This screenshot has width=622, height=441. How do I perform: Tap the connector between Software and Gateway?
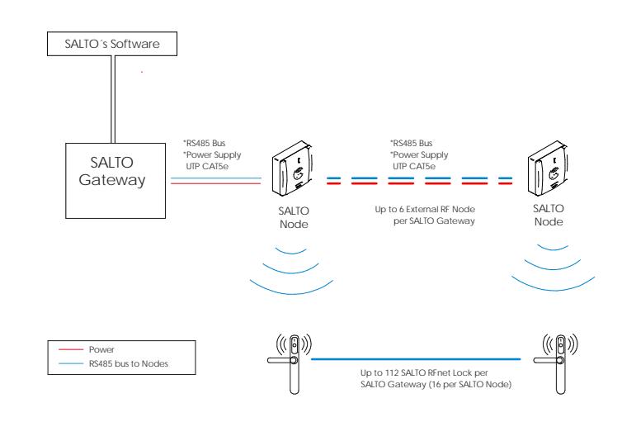113,99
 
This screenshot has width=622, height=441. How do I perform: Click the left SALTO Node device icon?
292,168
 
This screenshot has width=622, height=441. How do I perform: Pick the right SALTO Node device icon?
548,168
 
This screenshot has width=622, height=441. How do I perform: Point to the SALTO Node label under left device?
294,217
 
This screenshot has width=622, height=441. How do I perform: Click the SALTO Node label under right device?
549,215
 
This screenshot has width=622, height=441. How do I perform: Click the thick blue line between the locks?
416,359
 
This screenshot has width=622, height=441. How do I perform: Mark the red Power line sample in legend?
71,349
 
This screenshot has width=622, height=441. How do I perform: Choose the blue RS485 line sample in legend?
71,363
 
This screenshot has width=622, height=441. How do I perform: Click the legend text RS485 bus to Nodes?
129,363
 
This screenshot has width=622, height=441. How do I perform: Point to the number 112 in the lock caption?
392,372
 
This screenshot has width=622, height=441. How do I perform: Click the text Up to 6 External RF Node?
425,210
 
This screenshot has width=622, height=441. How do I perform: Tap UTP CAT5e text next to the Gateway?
207,167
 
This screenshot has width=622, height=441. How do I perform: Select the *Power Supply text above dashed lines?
419,154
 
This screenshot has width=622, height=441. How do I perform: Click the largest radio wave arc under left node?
292,293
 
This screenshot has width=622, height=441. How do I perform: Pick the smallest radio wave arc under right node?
553,249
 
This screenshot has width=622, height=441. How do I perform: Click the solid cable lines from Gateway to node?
216,181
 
